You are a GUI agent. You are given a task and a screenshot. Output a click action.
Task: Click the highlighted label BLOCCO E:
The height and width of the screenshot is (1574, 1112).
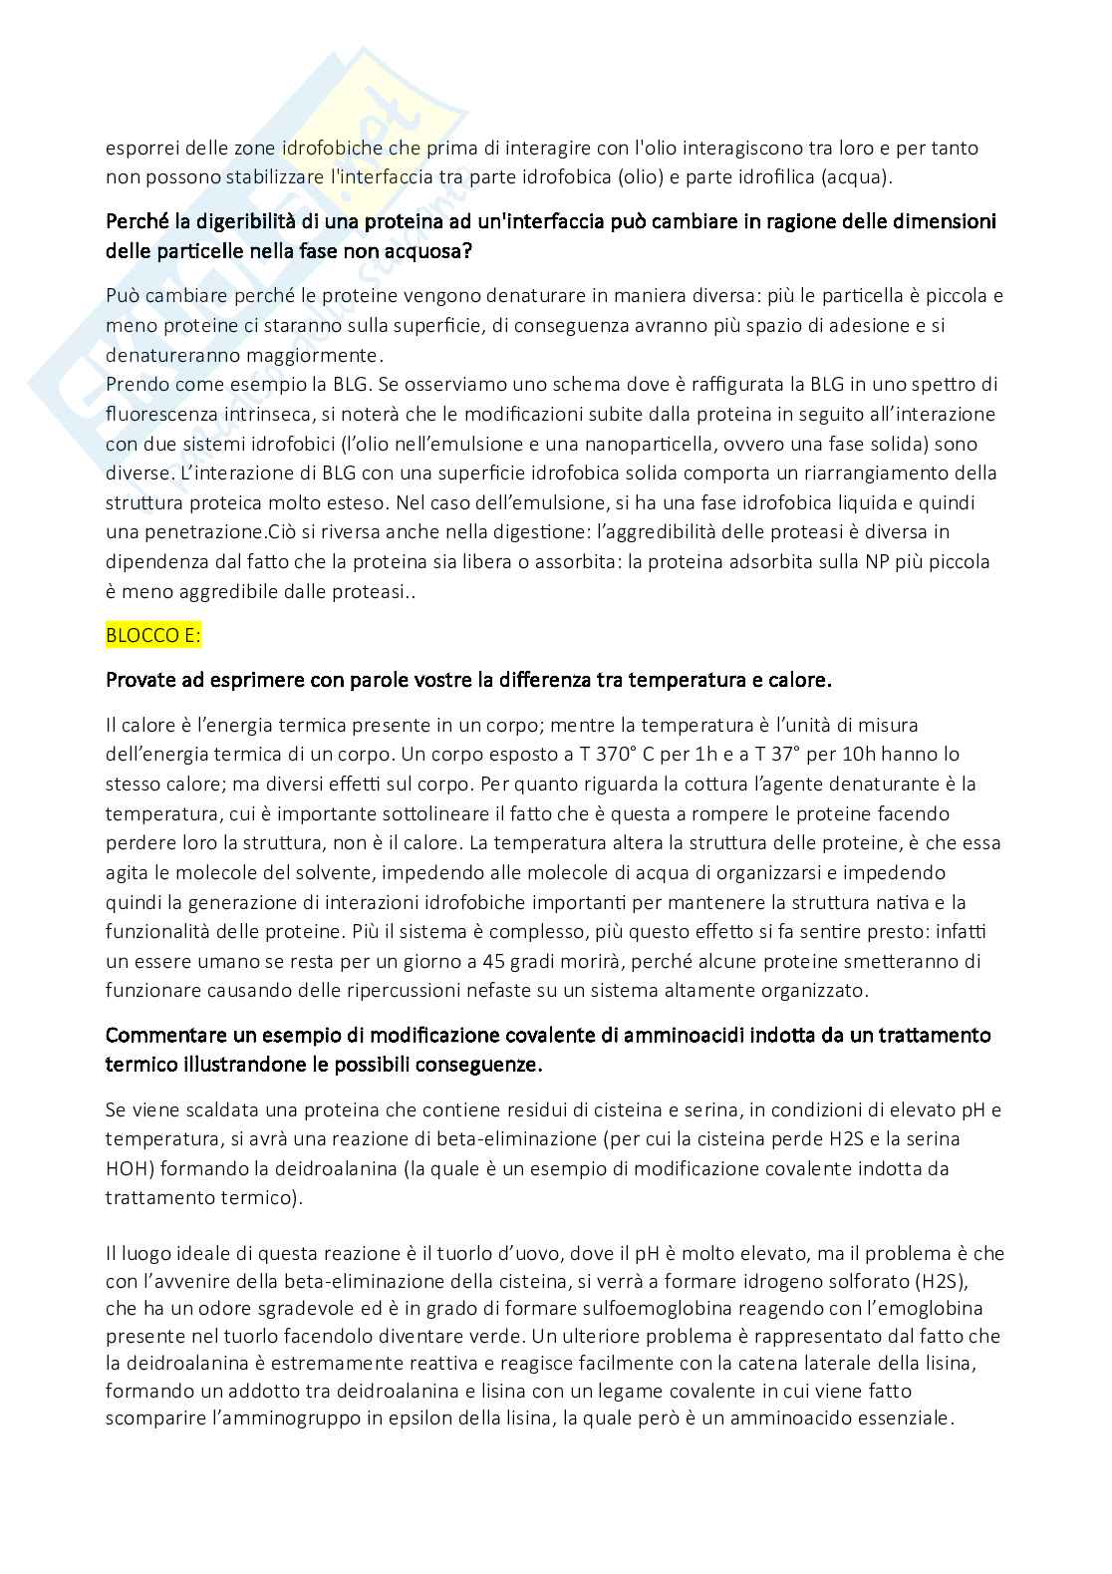click(x=152, y=635)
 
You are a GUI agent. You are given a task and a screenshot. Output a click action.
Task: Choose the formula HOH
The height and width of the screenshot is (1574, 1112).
click(x=128, y=1168)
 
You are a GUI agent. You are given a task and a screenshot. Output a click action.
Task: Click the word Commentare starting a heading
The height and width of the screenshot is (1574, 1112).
click(x=165, y=1036)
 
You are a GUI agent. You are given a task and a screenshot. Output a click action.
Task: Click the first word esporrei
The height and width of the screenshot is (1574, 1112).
click(x=141, y=149)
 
